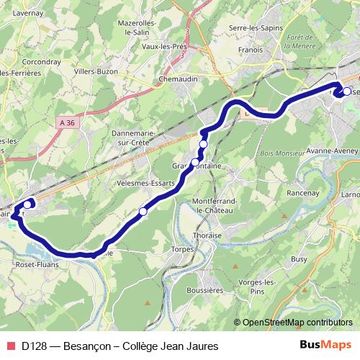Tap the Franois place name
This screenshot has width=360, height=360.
[251, 51]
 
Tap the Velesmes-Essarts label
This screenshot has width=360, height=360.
[145, 184]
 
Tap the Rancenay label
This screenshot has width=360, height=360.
[282, 192]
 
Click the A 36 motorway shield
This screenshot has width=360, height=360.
[68, 123]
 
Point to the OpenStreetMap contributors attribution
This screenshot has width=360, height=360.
[298, 322]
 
